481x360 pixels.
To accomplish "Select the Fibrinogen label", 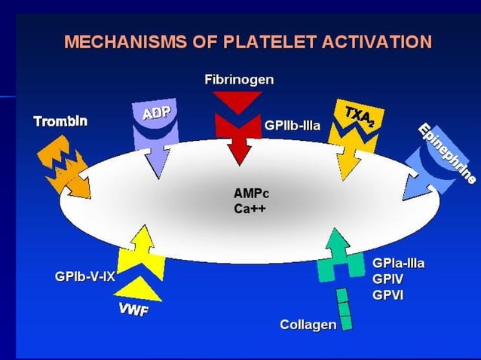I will pos(239,79).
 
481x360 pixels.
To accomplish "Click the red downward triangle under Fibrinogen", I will pos(238,102).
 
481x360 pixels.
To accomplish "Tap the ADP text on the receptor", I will pos(156,113).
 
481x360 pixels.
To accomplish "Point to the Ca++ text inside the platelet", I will pos(247,209).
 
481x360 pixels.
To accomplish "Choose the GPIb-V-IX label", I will pos(84,276).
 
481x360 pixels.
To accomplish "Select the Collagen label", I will pos(308,325).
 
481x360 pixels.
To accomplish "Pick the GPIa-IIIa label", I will pos(398,264).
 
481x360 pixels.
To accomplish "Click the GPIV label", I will pos(388,279).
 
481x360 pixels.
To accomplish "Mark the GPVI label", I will pos(388,295).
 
